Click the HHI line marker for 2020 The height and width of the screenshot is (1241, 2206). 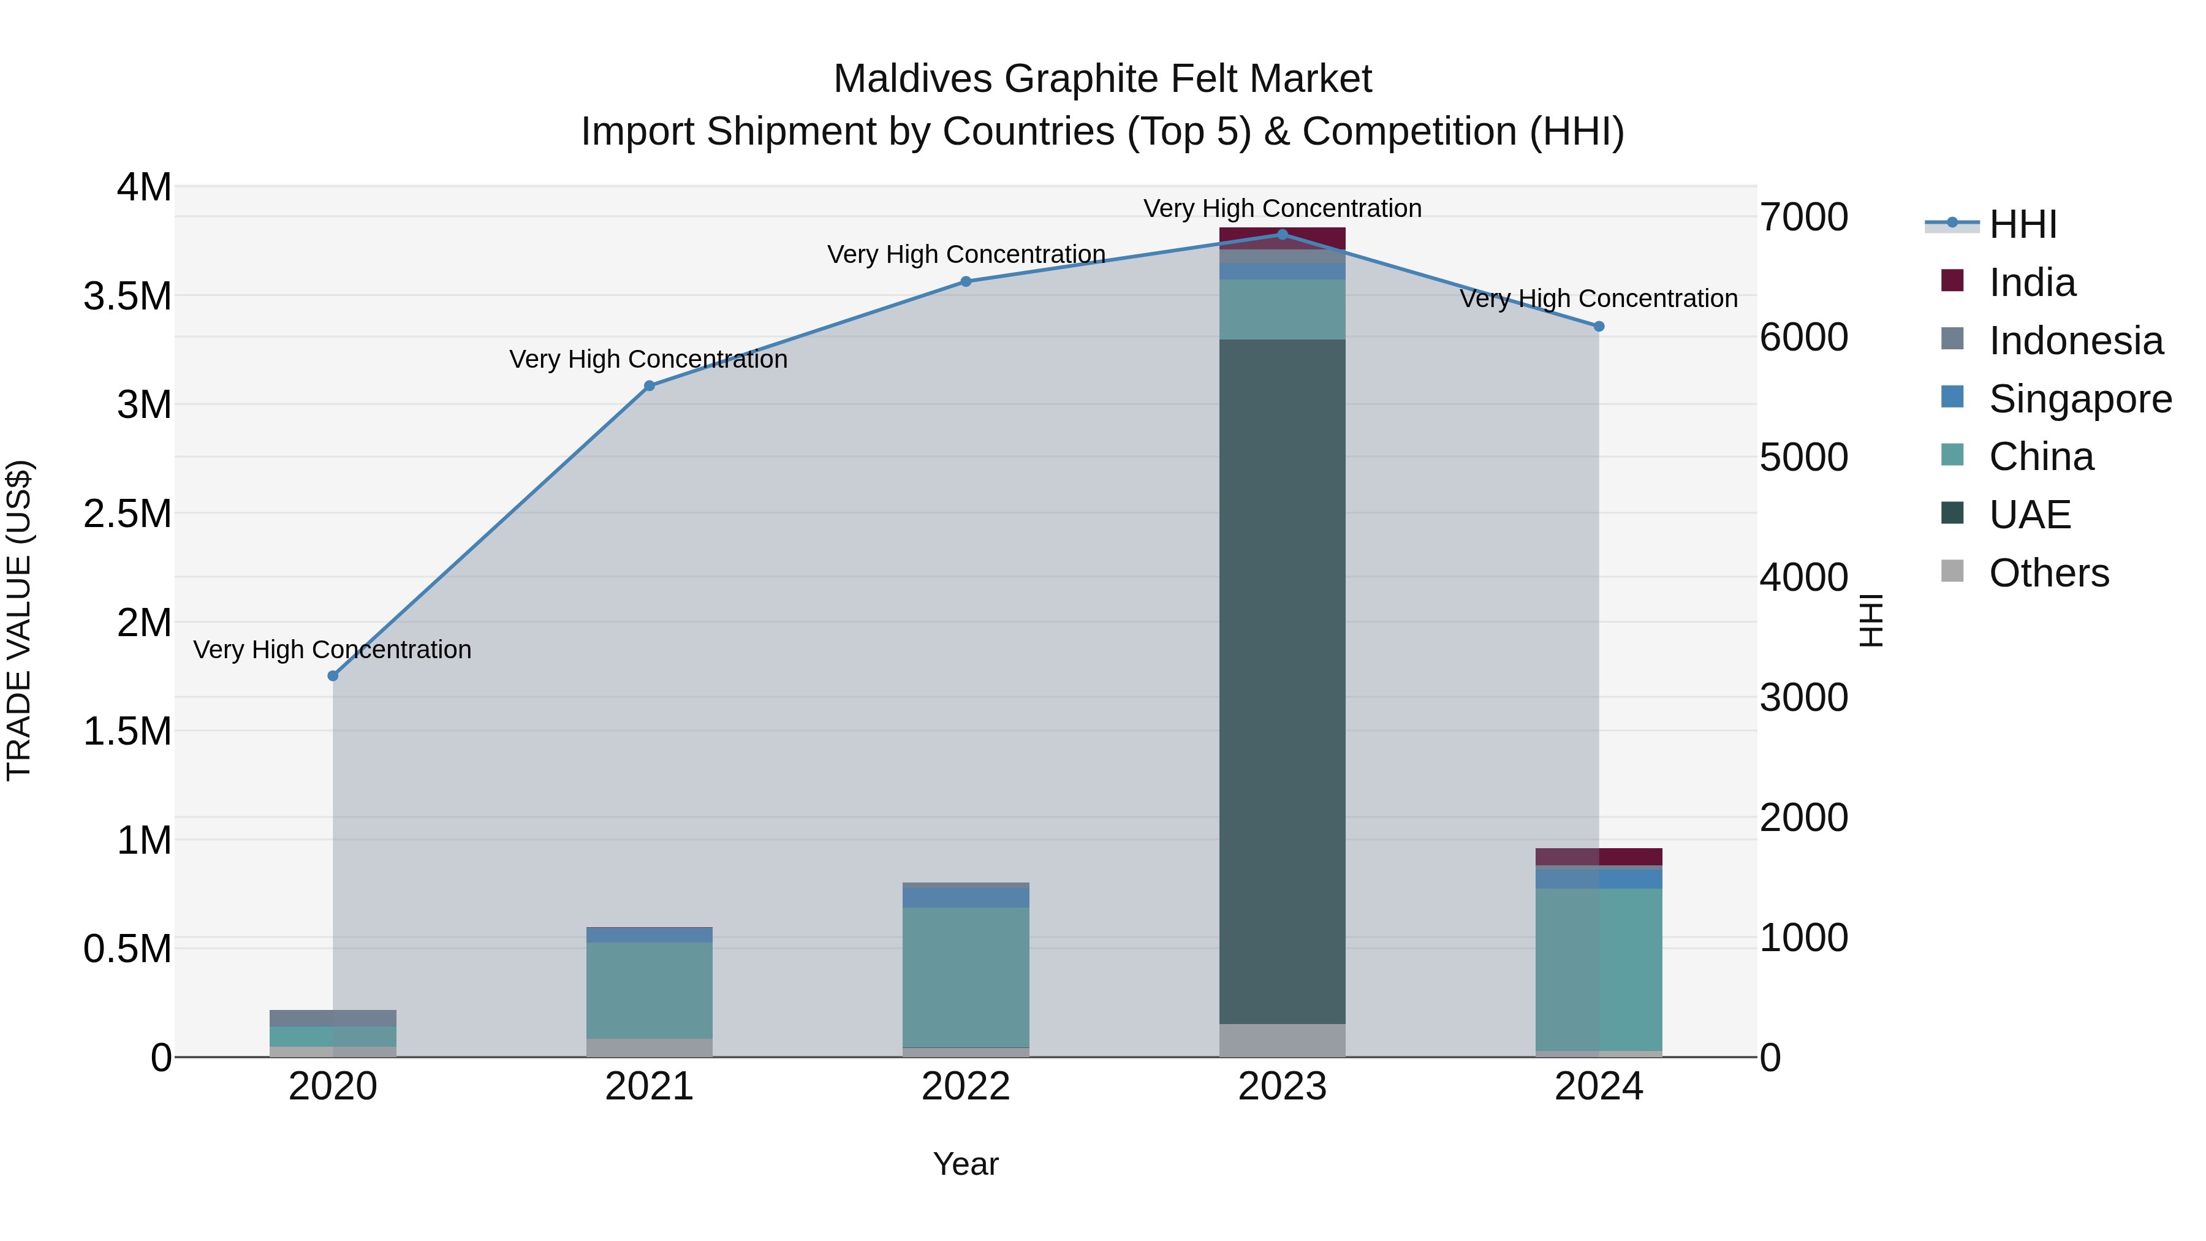pos(333,676)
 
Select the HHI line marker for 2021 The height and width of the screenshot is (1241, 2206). pos(649,386)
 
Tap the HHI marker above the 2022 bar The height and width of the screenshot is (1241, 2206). pos(966,282)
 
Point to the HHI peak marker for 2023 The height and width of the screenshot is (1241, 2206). pos(1282,235)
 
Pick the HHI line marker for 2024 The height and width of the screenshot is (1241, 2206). pos(1599,326)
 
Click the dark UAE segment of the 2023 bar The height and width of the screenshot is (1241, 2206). pos(1282,681)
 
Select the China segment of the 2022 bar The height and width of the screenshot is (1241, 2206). pos(966,976)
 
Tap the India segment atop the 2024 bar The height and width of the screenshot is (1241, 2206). pos(1599,857)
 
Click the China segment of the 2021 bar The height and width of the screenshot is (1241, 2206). pos(649,990)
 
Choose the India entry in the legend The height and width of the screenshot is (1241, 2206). pos(2031,283)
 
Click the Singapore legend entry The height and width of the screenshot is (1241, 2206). pos(2079,399)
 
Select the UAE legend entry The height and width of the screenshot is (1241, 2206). pos(2029,515)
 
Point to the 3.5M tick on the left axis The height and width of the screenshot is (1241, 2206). pos(127,297)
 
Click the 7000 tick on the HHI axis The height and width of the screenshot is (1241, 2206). pos(1803,218)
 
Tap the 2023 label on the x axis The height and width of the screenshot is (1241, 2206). pos(1282,1087)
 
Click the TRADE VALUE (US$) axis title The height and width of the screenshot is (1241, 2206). pos(19,620)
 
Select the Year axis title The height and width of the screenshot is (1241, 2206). pos(965,1164)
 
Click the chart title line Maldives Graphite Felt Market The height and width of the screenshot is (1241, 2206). pos(1102,79)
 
